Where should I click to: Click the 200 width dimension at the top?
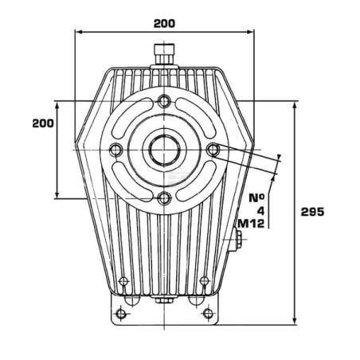[x=164, y=24]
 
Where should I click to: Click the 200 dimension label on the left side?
[x=43, y=123]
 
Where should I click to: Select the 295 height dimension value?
[x=312, y=212]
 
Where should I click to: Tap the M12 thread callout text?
[x=251, y=224]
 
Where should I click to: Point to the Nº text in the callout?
[x=256, y=198]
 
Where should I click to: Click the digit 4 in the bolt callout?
[x=261, y=211]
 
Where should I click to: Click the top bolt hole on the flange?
[x=164, y=101]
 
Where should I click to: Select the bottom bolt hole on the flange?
[x=164, y=198]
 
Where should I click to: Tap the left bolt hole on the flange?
[x=115, y=150]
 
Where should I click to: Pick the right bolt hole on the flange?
[x=213, y=150]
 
